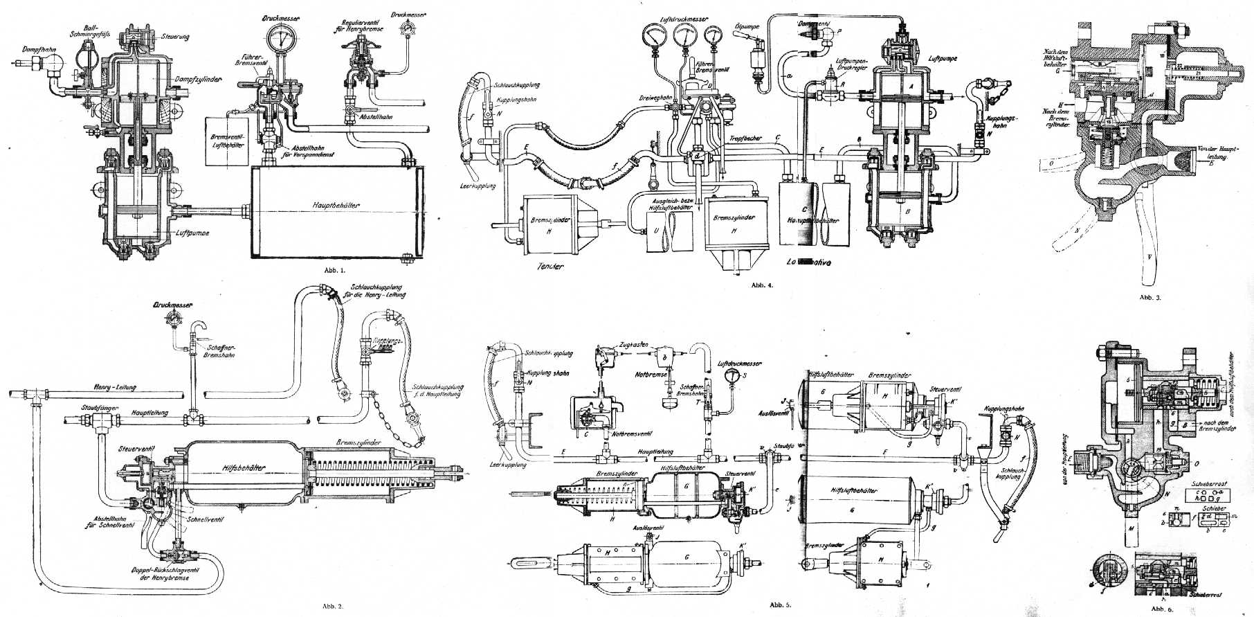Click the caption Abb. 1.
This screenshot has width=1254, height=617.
pyautogui.click(x=334, y=271)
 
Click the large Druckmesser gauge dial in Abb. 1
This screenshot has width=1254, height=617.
pyautogui.click(x=284, y=39)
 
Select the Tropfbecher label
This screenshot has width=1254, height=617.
pyautogui.click(x=745, y=138)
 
